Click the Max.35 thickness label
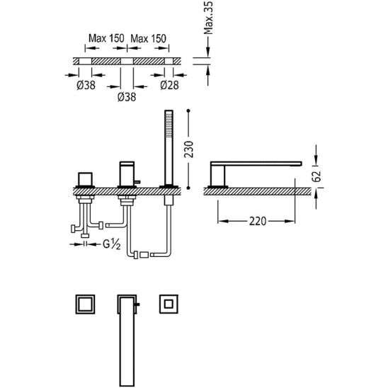coord(208,18)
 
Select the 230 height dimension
coord(189,149)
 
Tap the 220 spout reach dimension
coord(257,221)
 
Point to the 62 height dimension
coord(316,176)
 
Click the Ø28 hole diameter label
coord(169,86)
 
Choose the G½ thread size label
coord(112,244)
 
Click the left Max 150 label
coord(106,38)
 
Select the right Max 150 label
coord(149,38)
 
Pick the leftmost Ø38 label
coord(86,86)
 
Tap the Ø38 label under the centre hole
coord(127,97)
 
